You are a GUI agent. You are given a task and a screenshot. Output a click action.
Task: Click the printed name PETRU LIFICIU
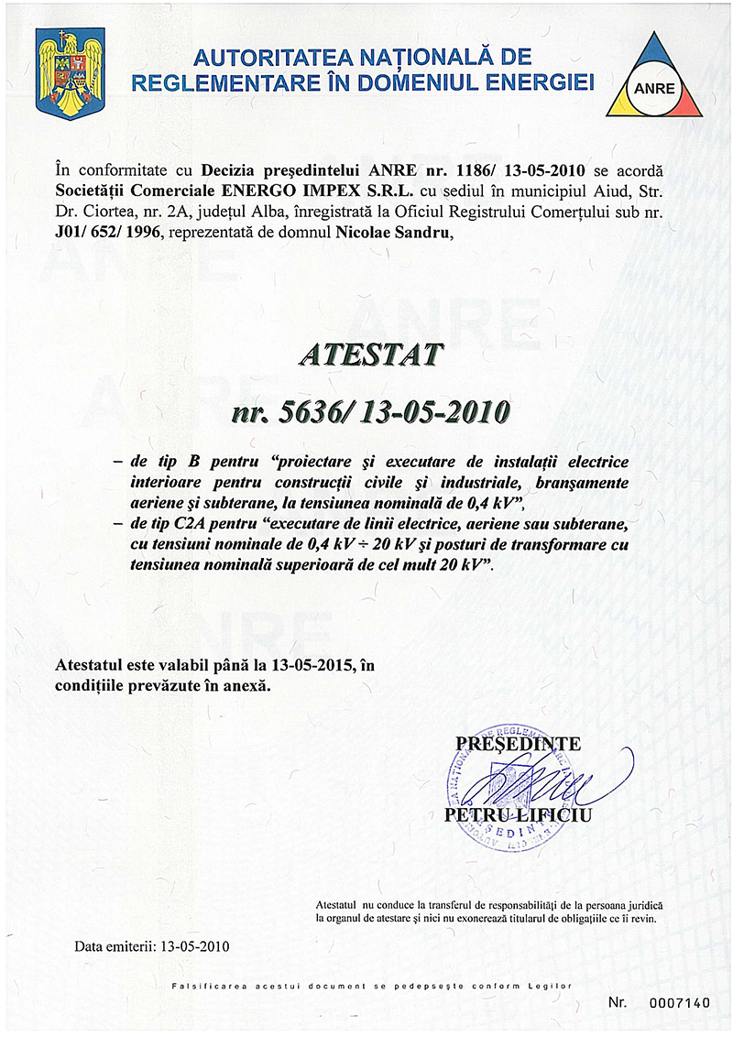pos(518,814)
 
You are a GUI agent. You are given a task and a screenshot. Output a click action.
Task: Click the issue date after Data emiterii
pos(196,944)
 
